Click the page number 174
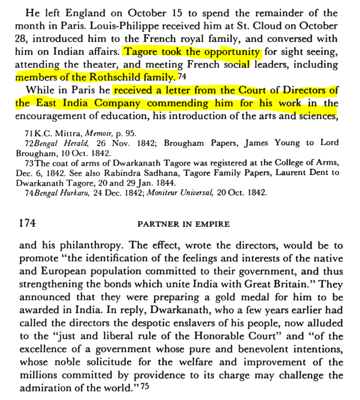point(27,223)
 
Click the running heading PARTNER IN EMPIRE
point(183,224)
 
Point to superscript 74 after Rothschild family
point(182,77)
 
